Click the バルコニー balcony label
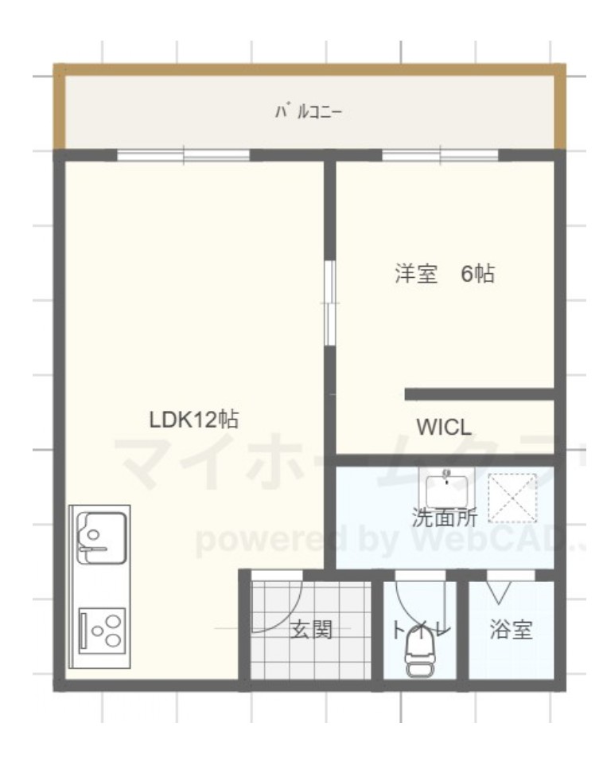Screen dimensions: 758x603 (309, 111)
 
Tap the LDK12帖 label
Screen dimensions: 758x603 (195, 420)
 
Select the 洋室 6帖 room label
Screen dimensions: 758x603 (443, 275)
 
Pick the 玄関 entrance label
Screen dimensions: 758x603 (309, 631)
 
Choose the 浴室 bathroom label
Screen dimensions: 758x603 (510, 631)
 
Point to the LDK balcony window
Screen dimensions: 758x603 (184, 155)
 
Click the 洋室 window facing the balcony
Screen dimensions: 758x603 (441, 155)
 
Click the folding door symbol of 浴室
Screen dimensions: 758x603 (500, 588)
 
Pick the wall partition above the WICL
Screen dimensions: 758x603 (479, 393)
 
